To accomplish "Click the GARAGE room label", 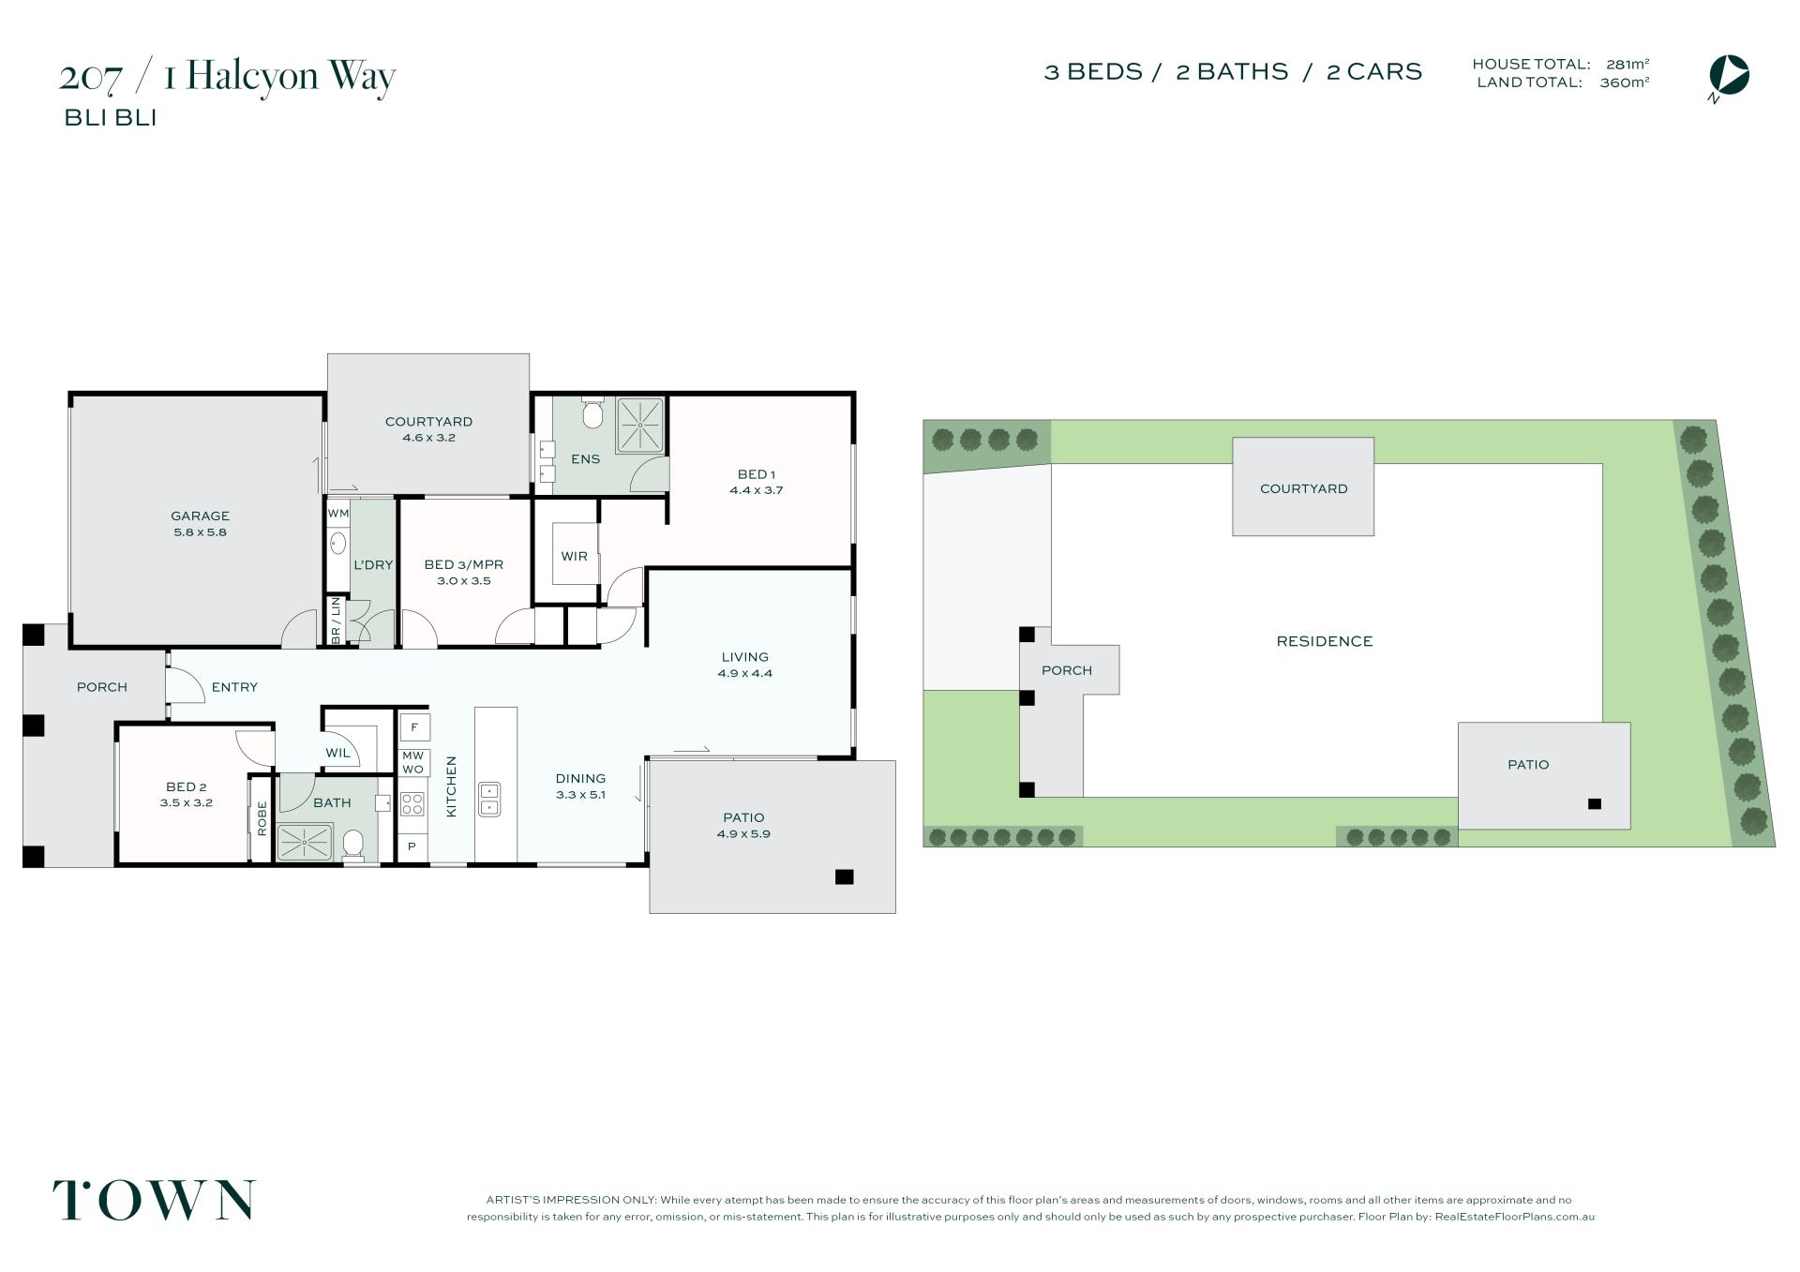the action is [x=200, y=516].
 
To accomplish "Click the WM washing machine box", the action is [x=337, y=514].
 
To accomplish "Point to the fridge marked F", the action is [x=414, y=727].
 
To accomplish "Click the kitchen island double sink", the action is [x=489, y=799].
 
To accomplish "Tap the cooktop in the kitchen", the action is [x=412, y=803].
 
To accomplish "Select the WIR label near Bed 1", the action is [x=574, y=556].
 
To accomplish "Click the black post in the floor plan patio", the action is [x=844, y=877].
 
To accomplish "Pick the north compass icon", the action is [x=1729, y=76].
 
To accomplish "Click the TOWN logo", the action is [x=154, y=1200].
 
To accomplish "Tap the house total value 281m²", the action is [x=1627, y=65].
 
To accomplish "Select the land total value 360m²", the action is [x=1625, y=82].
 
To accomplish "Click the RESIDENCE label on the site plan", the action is [x=1325, y=641].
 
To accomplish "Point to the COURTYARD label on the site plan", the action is [x=1303, y=488].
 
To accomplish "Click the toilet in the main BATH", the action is [x=353, y=845].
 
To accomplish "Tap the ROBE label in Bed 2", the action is [x=262, y=817].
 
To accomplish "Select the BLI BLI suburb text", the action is [x=110, y=118].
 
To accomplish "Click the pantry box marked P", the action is [x=412, y=846].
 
